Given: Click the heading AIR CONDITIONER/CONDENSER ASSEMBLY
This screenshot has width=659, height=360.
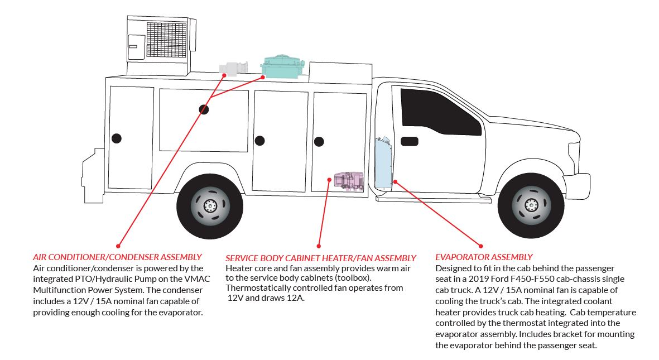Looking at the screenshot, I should coord(117,257).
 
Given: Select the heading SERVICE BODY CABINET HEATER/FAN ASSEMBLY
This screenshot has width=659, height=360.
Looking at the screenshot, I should coord(321,258).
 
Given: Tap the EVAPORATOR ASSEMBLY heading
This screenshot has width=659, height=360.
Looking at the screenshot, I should coord(484,257).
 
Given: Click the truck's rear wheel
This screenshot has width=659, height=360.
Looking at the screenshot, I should coord(209,205).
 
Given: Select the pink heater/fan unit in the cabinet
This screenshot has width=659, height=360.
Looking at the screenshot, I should coord(349,181).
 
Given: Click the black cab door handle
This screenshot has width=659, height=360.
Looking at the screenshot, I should coord(409,141).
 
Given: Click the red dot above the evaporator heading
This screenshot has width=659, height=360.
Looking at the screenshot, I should coord(480,245).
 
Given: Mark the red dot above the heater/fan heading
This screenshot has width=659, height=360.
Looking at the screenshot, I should coord(319,245).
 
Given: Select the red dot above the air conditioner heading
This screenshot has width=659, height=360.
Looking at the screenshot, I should coord(118,245).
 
